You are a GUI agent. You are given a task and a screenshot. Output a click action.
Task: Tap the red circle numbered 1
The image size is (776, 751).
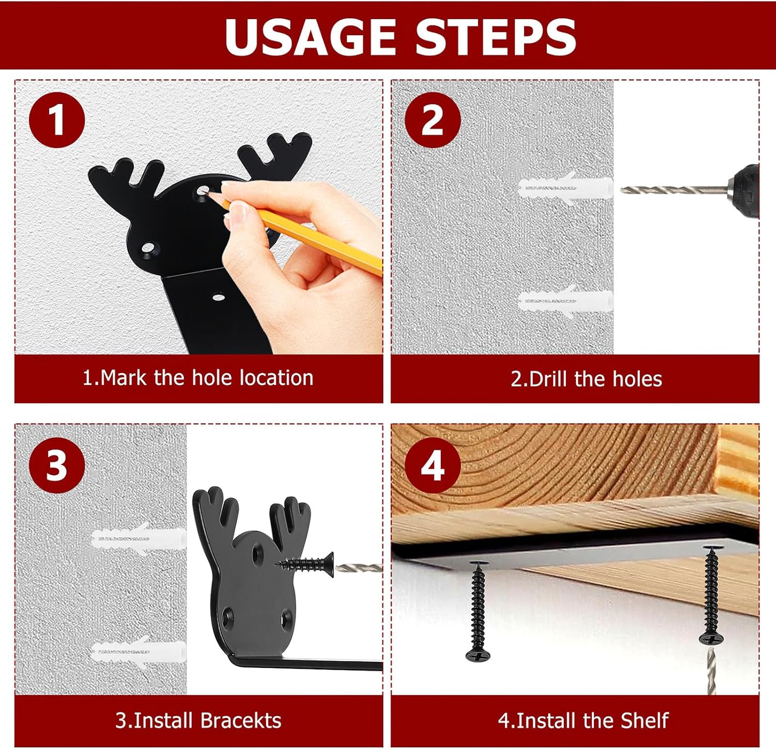[x=57, y=120]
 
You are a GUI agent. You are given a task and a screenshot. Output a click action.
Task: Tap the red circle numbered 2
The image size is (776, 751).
[x=432, y=120]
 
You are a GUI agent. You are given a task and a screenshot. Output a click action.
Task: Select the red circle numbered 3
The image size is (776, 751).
[x=57, y=465]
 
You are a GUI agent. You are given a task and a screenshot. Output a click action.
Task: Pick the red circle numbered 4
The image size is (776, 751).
[x=432, y=465]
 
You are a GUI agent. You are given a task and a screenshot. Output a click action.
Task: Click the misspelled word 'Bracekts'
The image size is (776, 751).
[x=241, y=720]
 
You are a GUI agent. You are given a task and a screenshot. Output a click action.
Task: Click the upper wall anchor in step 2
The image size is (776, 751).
[x=565, y=187]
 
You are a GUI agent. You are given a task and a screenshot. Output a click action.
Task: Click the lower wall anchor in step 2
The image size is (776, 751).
[x=565, y=301]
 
